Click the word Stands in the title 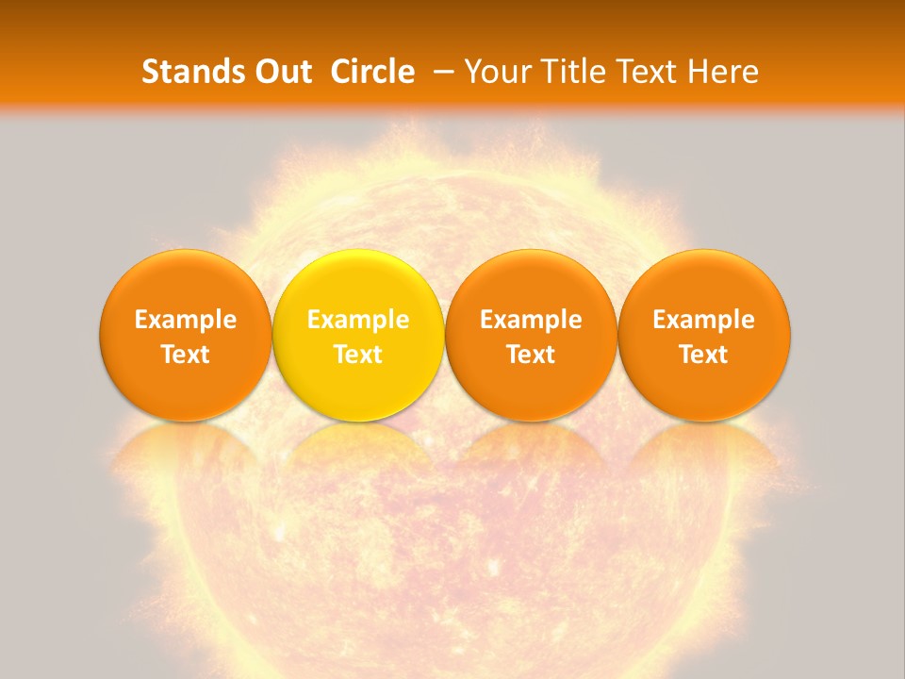click(193, 72)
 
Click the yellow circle click(358, 283)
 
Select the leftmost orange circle click(185, 283)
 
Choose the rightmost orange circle click(704, 283)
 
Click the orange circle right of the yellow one click(531, 283)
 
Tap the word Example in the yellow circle click(358, 320)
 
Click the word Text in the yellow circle click(358, 355)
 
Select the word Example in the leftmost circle click(185, 320)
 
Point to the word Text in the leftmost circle click(185, 355)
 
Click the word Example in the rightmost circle click(704, 320)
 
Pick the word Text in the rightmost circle click(704, 355)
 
